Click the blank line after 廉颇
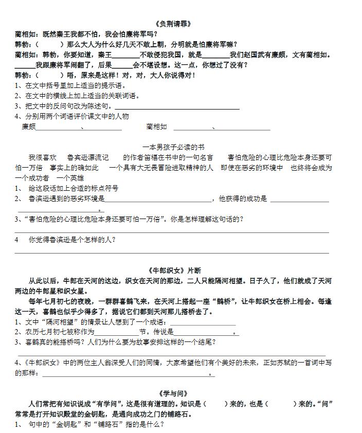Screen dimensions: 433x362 click(x=58, y=128)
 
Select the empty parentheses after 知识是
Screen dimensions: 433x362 click(x=215, y=404)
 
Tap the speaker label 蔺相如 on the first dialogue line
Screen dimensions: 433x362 click(x=25, y=34)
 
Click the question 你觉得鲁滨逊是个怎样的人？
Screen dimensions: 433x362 click(x=71, y=240)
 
